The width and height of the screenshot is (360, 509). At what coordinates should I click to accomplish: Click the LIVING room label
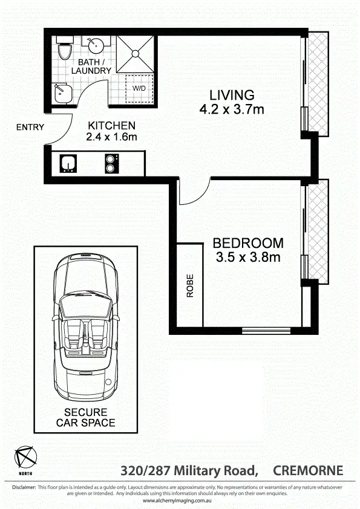(x=231, y=95)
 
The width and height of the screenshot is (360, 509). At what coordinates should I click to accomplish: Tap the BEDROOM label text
(x=247, y=243)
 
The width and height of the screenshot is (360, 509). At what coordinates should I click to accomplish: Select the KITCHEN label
(x=111, y=125)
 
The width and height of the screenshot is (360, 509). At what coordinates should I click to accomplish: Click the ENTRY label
(x=30, y=127)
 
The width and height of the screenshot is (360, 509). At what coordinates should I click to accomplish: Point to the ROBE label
(x=190, y=285)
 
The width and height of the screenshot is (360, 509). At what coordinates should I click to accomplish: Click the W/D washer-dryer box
(x=139, y=88)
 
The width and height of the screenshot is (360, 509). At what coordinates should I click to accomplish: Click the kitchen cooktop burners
(x=111, y=163)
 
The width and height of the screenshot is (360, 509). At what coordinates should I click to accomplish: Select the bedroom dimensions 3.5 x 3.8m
(x=247, y=258)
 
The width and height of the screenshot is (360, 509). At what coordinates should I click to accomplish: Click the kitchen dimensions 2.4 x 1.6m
(x=111, y=137)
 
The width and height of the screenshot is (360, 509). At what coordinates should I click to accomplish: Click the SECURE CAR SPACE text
(x=85, y=417)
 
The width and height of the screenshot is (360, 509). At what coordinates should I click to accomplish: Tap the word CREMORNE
(x=308, y=470)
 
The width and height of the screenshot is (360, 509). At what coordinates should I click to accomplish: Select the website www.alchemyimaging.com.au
(x=180, y=501)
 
